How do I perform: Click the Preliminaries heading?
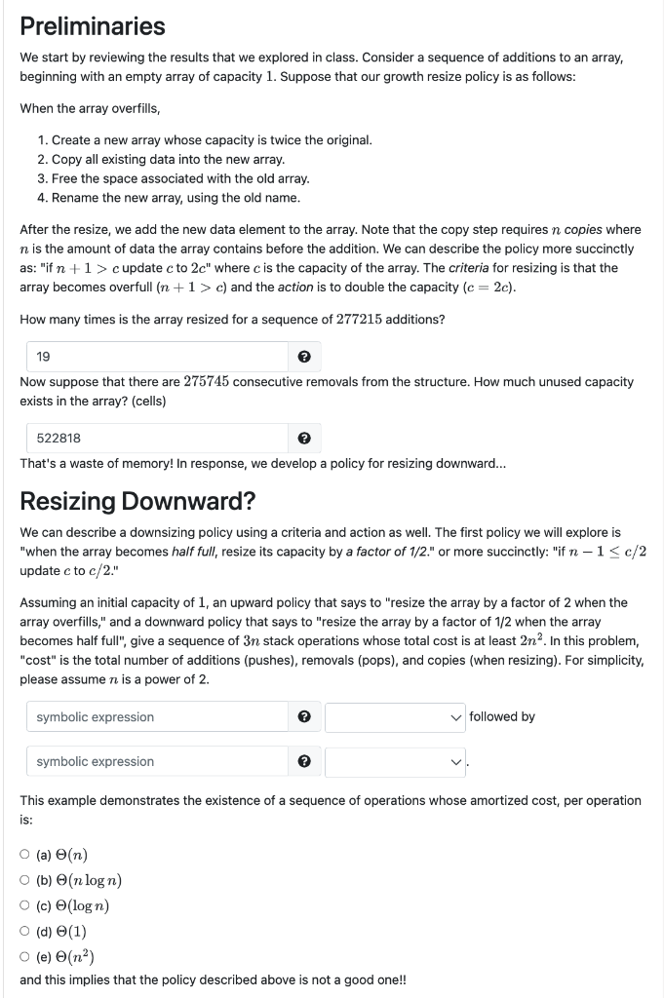tap(93, 26)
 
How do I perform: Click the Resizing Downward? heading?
tap(137, 502)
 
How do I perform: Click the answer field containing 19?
tap(156, 357)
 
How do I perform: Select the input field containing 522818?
tap(156, 439)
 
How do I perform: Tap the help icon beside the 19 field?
tap(304, 357)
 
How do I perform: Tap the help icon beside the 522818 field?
tap(304, 439)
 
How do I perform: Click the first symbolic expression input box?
tap(156, 717)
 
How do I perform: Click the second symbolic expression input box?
tap(156, 761)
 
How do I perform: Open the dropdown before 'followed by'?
tap(395, 717)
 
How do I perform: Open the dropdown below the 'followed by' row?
tap(395, 761)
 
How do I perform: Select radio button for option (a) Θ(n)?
tap(24, 856)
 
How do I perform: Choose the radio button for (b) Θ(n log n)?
tap(24, 881)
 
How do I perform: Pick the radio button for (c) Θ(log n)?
tap(24, 905)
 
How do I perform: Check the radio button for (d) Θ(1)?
tap(24, 931)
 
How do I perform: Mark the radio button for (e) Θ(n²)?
tap(24, 955)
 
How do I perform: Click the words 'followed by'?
tap(502, 717)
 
